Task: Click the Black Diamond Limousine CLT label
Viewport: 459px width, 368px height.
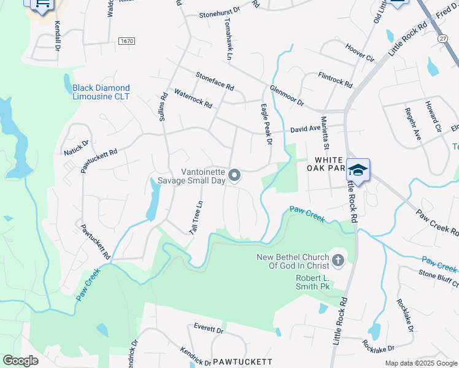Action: tap(101, 93)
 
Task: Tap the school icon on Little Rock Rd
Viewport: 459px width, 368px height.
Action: tap(358, 170)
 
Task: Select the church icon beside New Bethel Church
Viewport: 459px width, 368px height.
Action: tap(337, 261)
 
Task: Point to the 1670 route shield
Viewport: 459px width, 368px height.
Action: tap(126, 40)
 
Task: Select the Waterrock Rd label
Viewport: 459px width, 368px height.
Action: tap(193, 99)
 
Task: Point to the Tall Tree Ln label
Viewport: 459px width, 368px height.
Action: tap(196, 218)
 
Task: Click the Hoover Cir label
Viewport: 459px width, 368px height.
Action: tap(360, 52)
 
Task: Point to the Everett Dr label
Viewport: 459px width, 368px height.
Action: tap(207, 328)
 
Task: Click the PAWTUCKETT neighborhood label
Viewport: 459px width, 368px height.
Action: tap(242, 362)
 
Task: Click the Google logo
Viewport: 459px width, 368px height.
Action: tap(20, 361)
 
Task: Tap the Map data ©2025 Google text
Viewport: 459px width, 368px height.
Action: tap(420, 363)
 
